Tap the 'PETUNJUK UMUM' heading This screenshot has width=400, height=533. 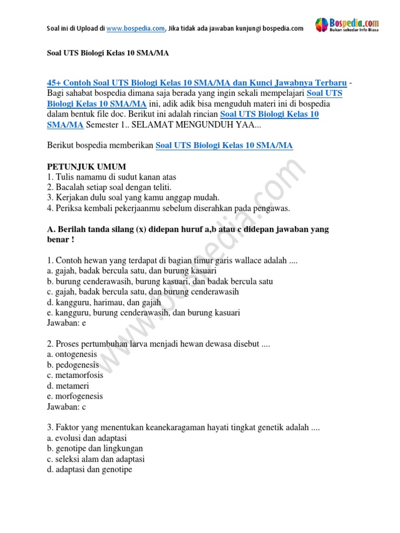(x=86, y=167)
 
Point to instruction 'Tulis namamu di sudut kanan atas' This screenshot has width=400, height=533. (x=111, y=177)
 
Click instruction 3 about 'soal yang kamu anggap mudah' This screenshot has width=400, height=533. (x=133, y=198)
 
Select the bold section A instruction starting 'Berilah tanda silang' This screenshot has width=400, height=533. (x=187, y=230)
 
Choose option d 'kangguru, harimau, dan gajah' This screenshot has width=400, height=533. (x=104, y=302)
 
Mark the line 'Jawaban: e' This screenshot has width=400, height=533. (x=66, y=323)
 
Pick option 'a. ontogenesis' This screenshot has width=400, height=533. (x=72, y=354)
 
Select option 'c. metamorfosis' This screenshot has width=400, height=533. (x=75, y=375)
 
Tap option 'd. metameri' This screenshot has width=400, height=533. (x=68, y=386)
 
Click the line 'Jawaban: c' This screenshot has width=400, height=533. (x=66, y=407)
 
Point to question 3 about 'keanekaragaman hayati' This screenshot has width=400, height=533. (x=183, y=428)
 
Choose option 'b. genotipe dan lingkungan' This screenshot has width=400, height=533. (x=95, y=449)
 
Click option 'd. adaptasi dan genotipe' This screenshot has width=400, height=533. (x=90, y=469)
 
